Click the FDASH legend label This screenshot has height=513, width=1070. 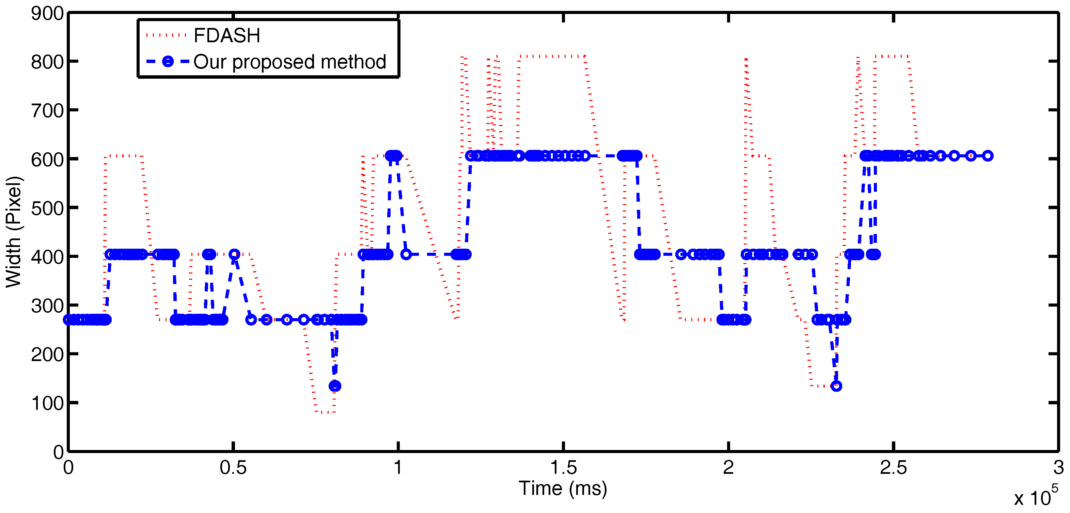(227, 36)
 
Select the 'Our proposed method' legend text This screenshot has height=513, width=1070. (289, 62)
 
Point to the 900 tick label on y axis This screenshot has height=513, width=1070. (47, 14)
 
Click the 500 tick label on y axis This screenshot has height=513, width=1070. (47, 208)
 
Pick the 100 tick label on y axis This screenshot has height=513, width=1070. (47, 403)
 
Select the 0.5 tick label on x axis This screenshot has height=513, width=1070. (233, 468)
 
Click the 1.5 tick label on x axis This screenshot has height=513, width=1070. (563, 468)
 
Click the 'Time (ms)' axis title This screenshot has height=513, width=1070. (563, 488)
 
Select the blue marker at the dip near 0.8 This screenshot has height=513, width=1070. (335, 386)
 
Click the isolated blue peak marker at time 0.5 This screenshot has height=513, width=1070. (234, 254)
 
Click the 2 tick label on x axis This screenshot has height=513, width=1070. (728, 468)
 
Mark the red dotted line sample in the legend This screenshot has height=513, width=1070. (166, 36)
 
